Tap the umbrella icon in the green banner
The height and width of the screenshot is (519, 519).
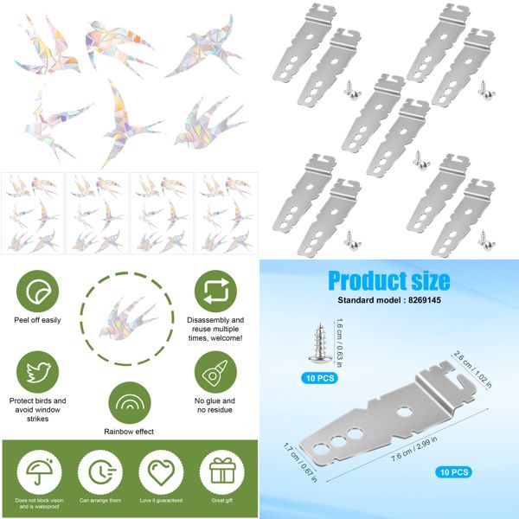[36, 472]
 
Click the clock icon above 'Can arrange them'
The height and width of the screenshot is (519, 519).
[99, 472]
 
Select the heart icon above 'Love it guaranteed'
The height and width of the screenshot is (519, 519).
[161, 472]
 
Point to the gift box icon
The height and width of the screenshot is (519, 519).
[222, 472]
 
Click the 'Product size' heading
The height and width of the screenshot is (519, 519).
[388, 281]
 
